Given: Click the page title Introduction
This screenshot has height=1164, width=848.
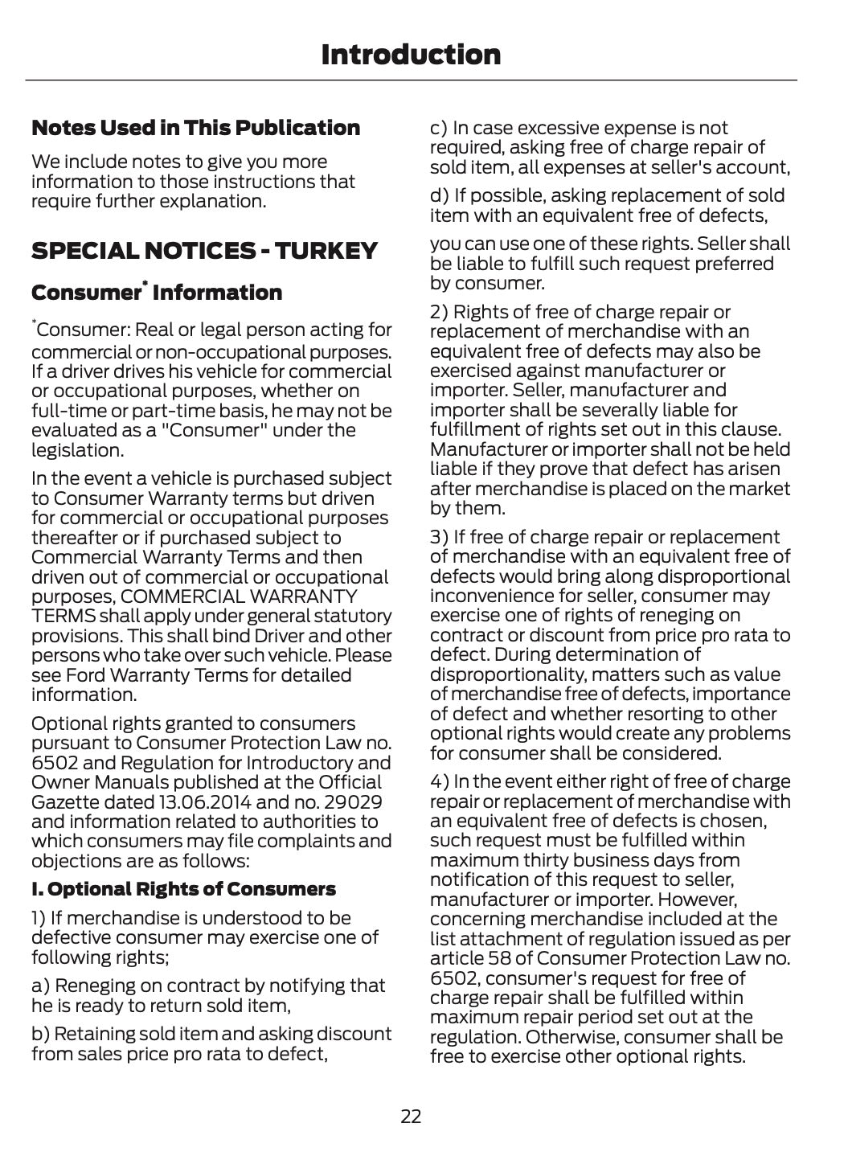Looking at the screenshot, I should tap(411, 55).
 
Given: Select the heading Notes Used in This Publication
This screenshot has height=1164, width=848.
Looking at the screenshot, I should tap(195, 128).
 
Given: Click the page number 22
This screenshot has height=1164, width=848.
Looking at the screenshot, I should tap(411, 1116).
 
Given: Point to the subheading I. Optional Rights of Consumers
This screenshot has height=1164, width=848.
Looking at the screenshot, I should tap(183, 889).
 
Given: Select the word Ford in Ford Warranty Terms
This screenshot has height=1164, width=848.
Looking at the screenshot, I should tap(84, 675).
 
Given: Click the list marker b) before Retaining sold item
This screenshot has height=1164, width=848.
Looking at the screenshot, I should tap(40, 1034).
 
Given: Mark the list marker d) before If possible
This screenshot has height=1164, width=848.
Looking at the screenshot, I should tap(440, 195).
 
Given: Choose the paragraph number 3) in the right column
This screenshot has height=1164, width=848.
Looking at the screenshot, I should tap(439, 537).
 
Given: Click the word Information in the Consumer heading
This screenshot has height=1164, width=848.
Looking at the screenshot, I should tap(217, 293).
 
